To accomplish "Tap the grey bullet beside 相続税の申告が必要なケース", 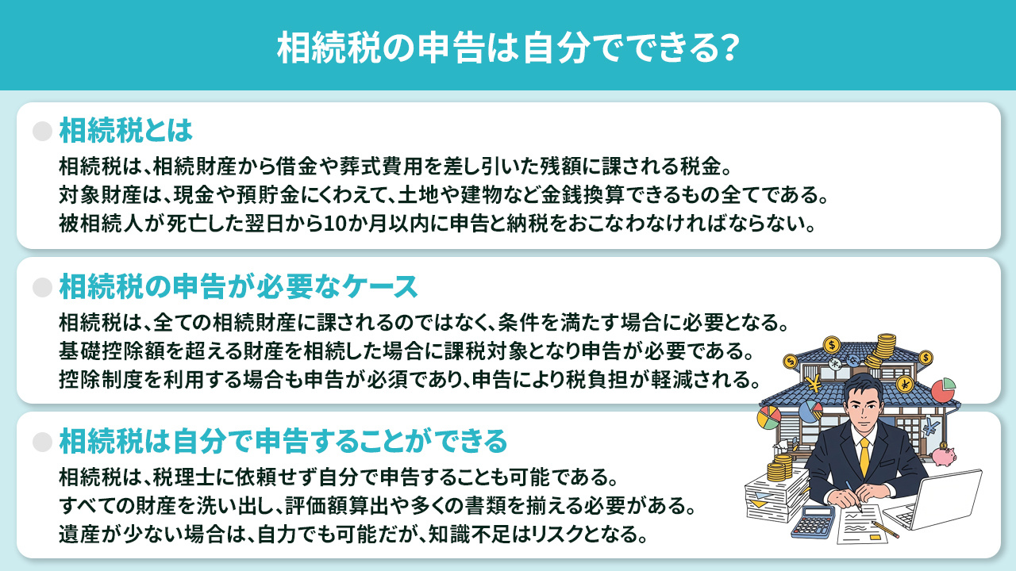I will tap(42, 285).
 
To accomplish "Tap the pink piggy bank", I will tap(945, 457).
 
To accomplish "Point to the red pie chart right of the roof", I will tap(942, 391).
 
